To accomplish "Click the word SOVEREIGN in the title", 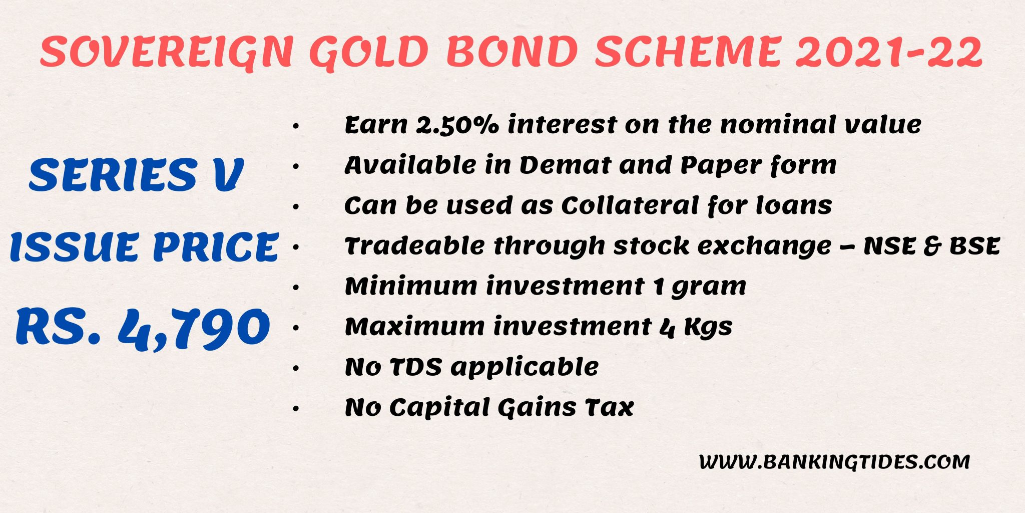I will click(x=166, y=52).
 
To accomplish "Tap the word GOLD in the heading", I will click(x=369, y=52).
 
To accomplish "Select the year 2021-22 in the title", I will click(x=889, y=52).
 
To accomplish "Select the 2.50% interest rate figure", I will click(x=457, y=124).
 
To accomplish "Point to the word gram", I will click(x=708, y=287).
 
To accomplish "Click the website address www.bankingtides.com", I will click(x=834, y=461).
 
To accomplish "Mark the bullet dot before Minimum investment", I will click(x=296, y=288).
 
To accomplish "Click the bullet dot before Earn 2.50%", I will click(x=296, y=126).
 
